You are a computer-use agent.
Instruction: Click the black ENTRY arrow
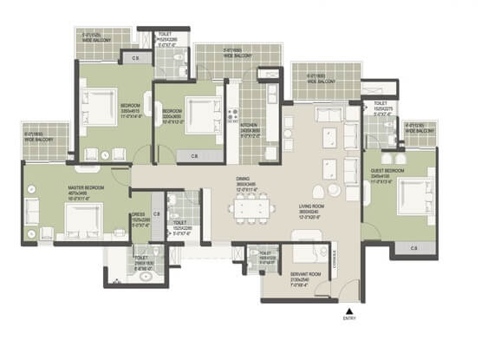[349, 310]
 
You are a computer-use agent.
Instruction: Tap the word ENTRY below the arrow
[350, 319]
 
